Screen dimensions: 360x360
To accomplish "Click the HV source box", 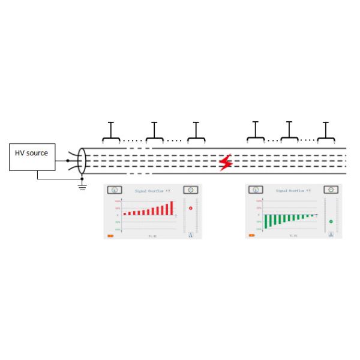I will tap(32, 157).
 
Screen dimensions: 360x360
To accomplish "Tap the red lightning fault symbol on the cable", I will tap(225, 162).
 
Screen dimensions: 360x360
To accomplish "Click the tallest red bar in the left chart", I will tap(172, 208).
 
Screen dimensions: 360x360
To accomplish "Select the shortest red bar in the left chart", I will tap(124, 213).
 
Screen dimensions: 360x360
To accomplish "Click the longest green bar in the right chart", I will tap(266, 220).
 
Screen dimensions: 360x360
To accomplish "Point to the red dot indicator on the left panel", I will tap(191, 208).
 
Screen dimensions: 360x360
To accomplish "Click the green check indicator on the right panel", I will tap(331, 221).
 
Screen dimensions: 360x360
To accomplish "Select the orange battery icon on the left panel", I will tap(110, 236).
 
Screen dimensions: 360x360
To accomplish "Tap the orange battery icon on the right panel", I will tap(252, 236).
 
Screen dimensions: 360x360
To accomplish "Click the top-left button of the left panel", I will tap(112, 190).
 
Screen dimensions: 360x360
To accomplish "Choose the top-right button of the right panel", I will tap(331, 190).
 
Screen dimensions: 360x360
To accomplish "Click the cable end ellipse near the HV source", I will tap(82, 161).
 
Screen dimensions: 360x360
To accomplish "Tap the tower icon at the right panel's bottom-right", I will tap(331, 235).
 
